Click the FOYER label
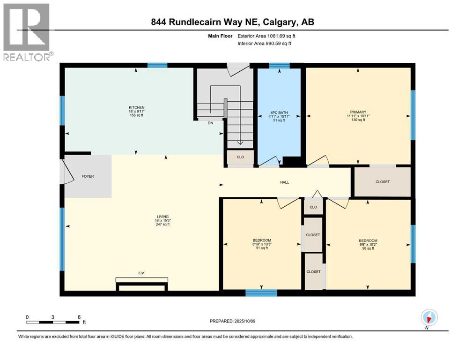coord(88,177)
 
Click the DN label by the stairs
coord(211,123)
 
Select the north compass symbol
coord(429,317)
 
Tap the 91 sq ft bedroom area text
coord(262,248)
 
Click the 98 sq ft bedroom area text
coord(367,248)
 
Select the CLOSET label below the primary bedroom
coord(383,182)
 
